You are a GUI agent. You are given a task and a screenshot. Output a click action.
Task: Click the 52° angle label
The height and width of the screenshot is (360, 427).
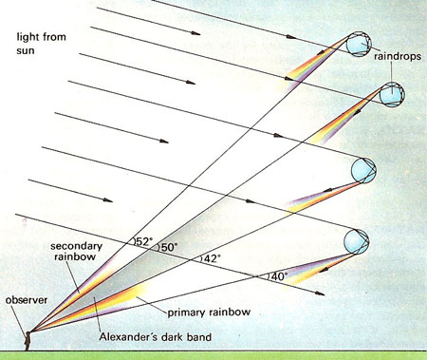click(x=143, y=241)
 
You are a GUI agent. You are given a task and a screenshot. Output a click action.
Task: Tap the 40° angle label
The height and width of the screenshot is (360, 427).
click(x=279, y=276)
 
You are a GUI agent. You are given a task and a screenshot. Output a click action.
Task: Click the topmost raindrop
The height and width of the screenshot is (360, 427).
click(x=359, y=44)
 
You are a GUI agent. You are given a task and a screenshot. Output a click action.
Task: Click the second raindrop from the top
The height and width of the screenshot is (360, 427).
click(x=392, y=94)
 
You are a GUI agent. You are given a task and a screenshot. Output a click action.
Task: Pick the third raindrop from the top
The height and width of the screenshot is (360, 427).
click(x=363, y=170)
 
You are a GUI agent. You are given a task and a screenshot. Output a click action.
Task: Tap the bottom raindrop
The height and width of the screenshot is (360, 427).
click(x=357, y=241)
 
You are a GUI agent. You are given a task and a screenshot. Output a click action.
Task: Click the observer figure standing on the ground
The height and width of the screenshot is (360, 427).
click(x=28, y=341)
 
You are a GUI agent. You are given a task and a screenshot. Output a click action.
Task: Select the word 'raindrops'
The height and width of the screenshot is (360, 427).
click(x=398, y=56)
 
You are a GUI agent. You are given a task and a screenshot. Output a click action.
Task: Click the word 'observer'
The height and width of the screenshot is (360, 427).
click(x=27, y=300)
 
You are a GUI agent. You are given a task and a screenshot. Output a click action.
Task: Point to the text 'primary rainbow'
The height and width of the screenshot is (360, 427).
click(x=209, y=313)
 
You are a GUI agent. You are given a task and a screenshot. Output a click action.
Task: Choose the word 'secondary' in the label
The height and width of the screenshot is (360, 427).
click(x=76, y=246)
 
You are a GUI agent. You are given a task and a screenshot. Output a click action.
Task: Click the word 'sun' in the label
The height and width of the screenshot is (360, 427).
click(x=26, y=51)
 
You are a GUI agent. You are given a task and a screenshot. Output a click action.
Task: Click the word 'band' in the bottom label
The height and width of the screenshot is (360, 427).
click(x=199, y=336)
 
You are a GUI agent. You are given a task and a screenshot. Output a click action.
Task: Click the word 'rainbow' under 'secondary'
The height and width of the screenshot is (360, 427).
click(x=75, y=256)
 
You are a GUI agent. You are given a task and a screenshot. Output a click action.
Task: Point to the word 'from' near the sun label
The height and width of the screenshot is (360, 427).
click(x=54, y=37)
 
